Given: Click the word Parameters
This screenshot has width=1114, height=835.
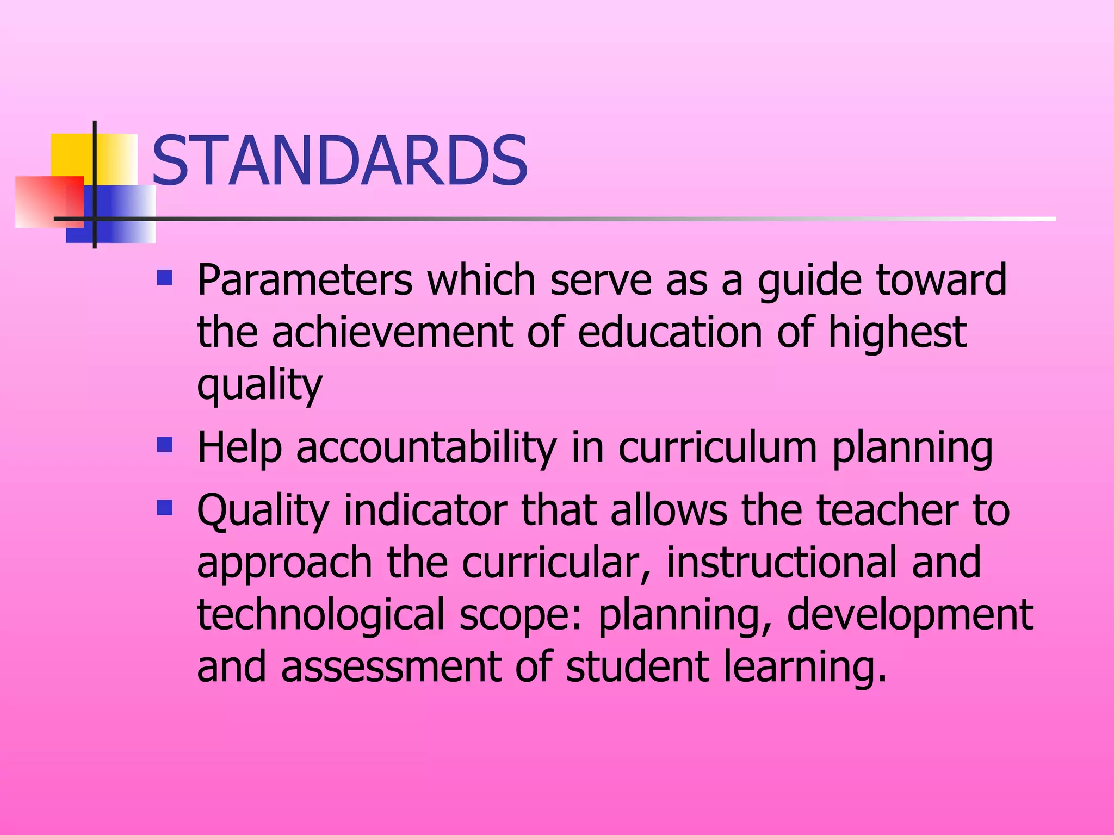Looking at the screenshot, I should coord(305,280).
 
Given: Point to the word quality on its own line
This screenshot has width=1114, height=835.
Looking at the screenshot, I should coord(259,384).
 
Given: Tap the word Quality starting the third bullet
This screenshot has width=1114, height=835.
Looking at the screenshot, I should coord(263,510).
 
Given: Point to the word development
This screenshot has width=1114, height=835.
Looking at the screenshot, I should coord(909,614).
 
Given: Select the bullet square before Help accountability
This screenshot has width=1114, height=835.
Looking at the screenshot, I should coord(164,445).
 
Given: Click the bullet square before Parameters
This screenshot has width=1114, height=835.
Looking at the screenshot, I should coord(164,278).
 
